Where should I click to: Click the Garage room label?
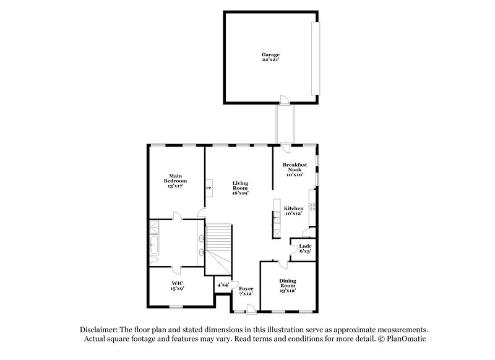[x=270, y=58]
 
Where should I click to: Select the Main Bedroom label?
[x=175, y=180]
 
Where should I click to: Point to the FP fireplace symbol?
[x=209, y=188]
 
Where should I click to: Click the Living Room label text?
[x=240, y=187]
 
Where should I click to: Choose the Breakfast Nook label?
[x=295, y=169]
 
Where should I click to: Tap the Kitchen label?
[x=293, y=212]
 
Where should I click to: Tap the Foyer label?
[x=247, y=291]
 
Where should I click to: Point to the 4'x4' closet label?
[x=223, y=285]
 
